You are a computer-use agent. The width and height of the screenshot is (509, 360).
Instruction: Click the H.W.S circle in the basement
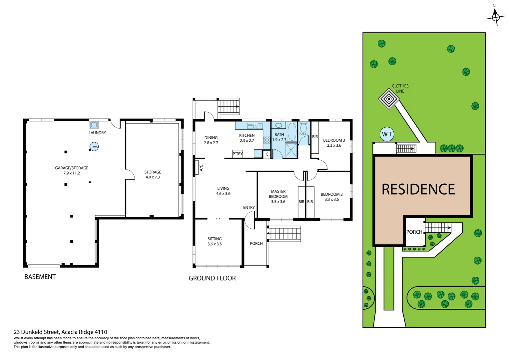click(x=94, y=147)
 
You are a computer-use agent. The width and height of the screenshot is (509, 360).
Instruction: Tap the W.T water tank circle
click(x=387, y=134)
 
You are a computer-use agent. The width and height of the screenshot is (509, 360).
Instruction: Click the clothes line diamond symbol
click(x=389, y=99)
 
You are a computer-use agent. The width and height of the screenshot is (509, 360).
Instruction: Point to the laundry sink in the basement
click(x=94, y=125)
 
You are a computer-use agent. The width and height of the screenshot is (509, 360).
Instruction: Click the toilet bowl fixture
click(x=303, y=127)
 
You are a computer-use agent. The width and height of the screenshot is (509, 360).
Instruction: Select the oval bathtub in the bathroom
click(x=292, y=131)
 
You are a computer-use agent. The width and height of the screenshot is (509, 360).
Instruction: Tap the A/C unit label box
click(x=201, y=168)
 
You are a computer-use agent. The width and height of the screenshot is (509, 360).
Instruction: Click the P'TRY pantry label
click(x=238, y=154)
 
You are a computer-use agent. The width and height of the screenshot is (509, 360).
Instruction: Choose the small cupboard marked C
click(x=267, y=154)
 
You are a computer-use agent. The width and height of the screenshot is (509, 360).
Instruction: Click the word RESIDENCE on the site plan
click(x=418, y=189)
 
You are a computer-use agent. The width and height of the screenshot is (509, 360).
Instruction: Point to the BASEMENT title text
click(x=40, y=277)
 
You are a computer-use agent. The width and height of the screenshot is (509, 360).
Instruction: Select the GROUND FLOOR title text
click(x=212, y=278)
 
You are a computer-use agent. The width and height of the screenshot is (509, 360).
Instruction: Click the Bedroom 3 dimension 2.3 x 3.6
click(x=334, y=145)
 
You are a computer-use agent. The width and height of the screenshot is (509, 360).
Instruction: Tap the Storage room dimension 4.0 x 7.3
click(x=153, y=177)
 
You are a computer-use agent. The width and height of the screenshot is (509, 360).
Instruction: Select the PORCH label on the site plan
click(x=414, y=232)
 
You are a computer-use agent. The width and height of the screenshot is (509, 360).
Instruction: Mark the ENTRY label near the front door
click(x=249, y=207)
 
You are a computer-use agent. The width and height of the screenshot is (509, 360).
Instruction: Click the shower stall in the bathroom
click(x=291, y=150)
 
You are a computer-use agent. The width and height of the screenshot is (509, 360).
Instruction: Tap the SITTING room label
click(x=215, y=239)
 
